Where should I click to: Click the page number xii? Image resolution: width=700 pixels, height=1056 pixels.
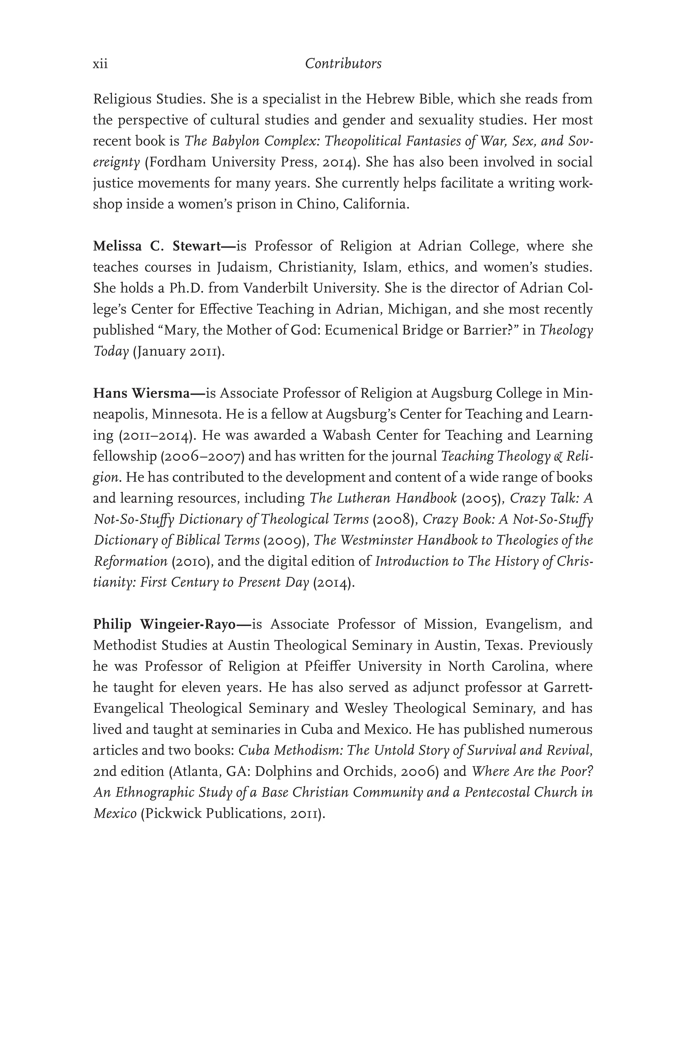[100, 64]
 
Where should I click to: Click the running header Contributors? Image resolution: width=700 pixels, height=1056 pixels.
[343, 64]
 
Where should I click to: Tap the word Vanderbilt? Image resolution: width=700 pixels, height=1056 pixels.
[275, 288]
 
